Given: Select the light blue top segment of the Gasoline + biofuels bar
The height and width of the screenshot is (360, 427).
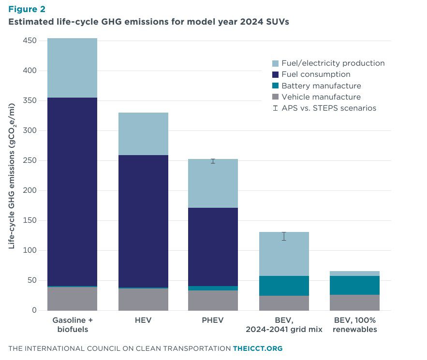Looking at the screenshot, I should click(x=72, y=68).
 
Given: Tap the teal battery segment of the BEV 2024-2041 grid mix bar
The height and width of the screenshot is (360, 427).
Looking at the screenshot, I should click(x=284, y=286).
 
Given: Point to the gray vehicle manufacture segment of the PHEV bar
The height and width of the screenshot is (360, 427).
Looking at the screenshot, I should click(x=213, y=300).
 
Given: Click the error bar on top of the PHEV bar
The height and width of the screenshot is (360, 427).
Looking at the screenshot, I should click(x=213, y=161).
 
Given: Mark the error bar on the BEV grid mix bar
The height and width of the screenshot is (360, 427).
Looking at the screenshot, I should click(x=284, y=236).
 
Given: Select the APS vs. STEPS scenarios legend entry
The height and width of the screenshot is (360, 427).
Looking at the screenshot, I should click(x=324, y=108).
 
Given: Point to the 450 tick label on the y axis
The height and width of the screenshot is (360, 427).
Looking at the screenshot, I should click(x=30, y=41).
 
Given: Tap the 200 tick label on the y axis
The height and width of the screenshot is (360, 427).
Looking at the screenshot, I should click(x=30, y=190).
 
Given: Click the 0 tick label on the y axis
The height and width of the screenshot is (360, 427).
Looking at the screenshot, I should click(x=34, y=310).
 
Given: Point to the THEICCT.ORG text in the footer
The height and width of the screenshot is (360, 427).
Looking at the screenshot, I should click(x=258, y=348).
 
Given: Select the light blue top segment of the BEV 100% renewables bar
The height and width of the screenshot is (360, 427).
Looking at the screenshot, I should click(x=355, y=274).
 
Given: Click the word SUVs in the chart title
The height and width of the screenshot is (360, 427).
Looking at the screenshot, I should click(x=278, y=22).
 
